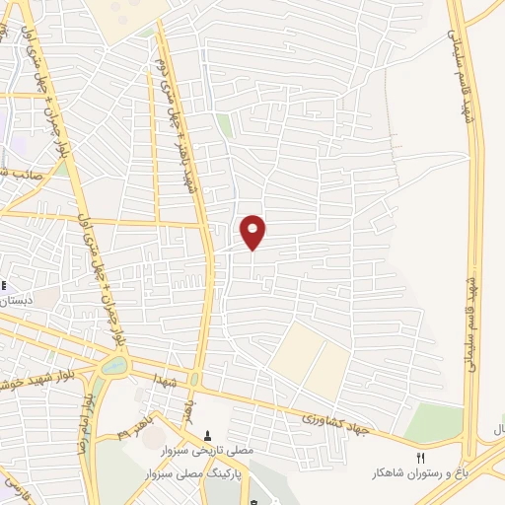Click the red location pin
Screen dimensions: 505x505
[253, 232]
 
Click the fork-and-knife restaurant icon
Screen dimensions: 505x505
[421, 457]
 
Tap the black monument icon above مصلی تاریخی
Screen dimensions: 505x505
[207, 435]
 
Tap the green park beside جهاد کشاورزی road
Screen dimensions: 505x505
[433, 423]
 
